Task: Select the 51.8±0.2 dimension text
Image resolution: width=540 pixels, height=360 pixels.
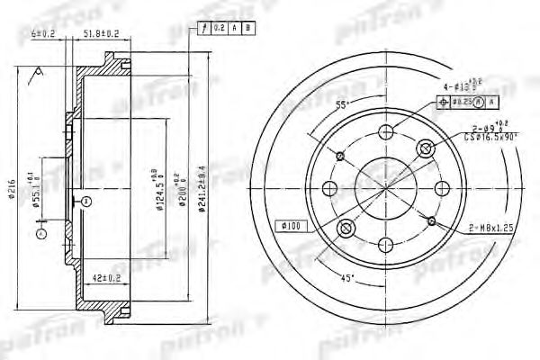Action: pyautogui.click(x=103, y=33)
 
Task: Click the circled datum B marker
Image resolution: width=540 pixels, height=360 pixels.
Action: pyautogui.click(x=84, y=200)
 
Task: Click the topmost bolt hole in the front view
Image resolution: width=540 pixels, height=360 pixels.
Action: pyautogui.click(x=386, y=132)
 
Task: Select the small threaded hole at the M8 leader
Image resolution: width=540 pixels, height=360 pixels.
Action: pyautogui.click(x=433, y=220)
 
